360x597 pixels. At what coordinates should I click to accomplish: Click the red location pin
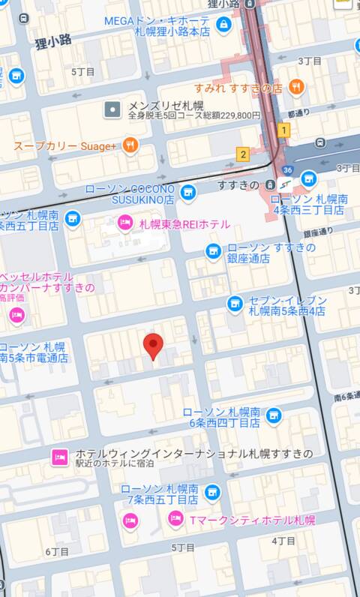coord(153,346)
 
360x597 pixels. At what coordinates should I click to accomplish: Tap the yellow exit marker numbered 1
coord(283,130)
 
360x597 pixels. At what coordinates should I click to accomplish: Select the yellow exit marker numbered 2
coord(242,154)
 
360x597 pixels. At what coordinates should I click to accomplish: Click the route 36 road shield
coord(287,171)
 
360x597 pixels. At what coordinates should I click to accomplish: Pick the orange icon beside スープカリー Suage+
coord(130,145)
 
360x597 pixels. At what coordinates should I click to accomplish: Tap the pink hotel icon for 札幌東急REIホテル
coord(124,223)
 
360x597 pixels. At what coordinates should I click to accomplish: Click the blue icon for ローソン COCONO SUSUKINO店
coord(187,192)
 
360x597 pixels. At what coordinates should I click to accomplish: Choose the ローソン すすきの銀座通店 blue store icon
coord(214,251)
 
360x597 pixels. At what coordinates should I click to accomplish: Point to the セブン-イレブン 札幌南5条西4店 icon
coord(235,304)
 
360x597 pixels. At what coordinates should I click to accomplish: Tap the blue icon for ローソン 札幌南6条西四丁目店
coord(273,415)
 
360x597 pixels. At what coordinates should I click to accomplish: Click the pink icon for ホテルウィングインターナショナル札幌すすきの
coord(61,456)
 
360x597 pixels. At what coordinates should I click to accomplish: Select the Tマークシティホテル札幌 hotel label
coord(252,520)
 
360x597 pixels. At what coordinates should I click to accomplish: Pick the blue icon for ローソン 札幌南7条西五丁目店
coord(212,493)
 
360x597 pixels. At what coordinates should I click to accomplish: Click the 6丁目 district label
coord(57,551)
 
